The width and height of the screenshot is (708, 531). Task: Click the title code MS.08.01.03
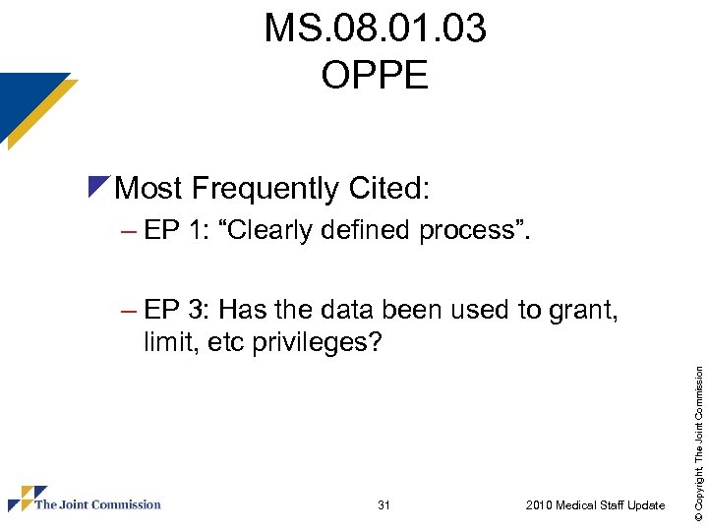click(x=375, y=29)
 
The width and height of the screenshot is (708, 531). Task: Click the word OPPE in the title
click(x=375, y=75)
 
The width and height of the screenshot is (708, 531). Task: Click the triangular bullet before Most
click(x=97, y=185)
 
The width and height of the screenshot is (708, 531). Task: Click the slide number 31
click(x=383, y=505)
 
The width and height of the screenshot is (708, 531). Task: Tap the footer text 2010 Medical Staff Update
click(x=595, y=505)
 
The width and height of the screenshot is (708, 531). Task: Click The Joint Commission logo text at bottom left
click(x=97, y=504)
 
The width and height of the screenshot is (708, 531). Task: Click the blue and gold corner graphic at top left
click(x=34, y=106)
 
